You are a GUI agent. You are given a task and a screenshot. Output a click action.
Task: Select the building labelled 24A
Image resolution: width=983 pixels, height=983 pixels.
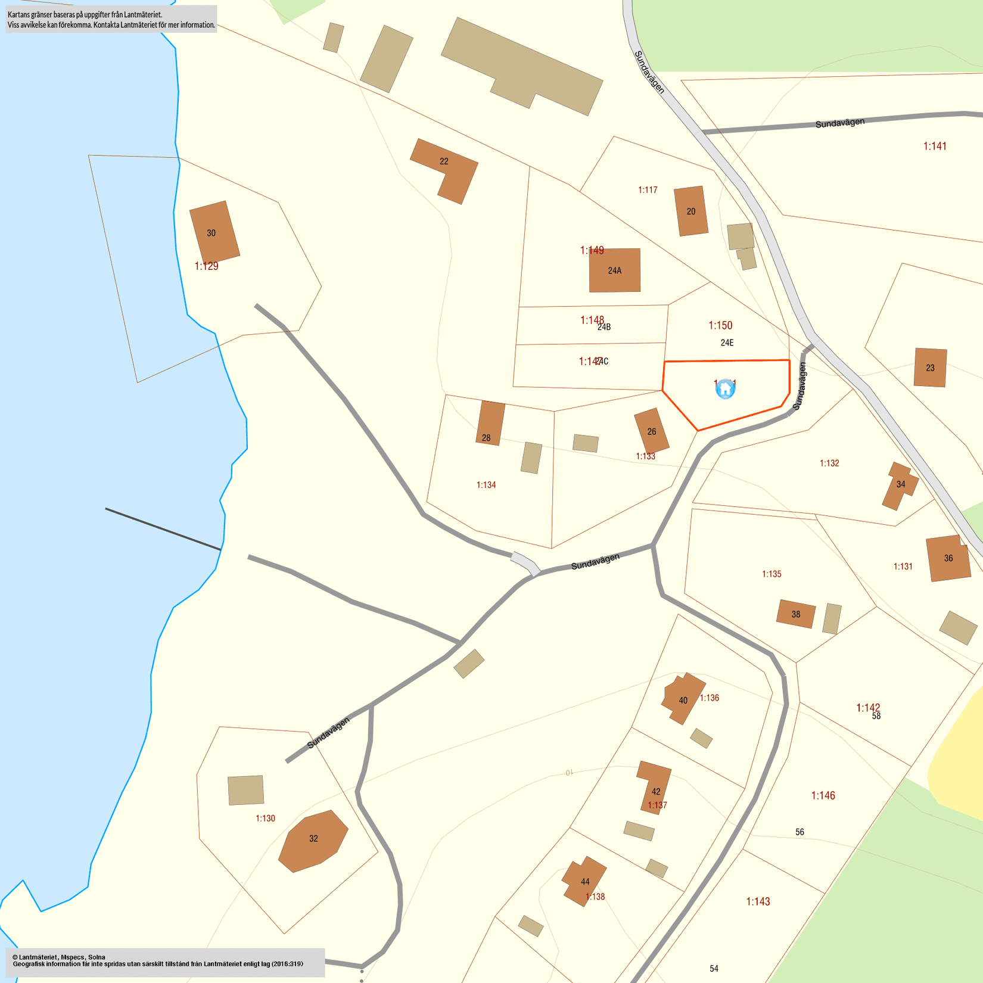[x=615, y=270]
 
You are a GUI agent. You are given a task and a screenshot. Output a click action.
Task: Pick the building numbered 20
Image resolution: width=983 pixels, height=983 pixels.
[x=691, y=211]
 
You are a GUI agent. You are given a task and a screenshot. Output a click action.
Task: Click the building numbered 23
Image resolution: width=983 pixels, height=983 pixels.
[x=930, y=368]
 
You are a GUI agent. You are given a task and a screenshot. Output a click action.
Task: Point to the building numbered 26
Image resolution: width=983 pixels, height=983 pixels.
[x=651, y=431]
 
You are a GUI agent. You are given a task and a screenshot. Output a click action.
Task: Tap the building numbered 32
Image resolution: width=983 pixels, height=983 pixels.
[x=313, y=840]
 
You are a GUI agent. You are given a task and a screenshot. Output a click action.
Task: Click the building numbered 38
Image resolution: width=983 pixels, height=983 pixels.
[x=796, y=614]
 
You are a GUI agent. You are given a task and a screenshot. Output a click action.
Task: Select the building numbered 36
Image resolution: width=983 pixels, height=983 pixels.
[x=948, y=558]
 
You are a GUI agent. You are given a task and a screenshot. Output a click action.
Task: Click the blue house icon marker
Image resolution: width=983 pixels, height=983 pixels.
[x=725, y=388]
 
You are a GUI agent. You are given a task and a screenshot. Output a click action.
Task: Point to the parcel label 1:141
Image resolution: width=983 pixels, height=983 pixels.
[x=935, y=146]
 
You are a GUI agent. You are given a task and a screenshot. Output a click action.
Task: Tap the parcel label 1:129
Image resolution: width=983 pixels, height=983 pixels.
[x=206, y=266]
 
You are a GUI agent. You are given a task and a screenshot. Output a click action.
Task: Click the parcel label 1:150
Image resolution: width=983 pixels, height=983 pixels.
[x=720, y=325]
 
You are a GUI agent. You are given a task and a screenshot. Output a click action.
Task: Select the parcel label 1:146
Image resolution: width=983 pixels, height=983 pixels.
[x=823, y=795]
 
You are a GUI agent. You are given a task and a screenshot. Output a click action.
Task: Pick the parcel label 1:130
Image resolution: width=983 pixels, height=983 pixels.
[x=265, y=819]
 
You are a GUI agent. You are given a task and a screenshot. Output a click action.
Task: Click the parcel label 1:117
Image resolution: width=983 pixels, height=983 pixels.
[x=648, y=190]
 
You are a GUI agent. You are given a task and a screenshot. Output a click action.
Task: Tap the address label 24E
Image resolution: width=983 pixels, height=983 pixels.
[x=727, y=343]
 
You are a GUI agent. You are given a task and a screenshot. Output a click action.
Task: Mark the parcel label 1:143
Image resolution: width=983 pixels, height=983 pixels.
[x=758, y=901]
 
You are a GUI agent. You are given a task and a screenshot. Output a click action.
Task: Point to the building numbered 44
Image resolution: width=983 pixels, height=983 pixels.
[x=584, y=881]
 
